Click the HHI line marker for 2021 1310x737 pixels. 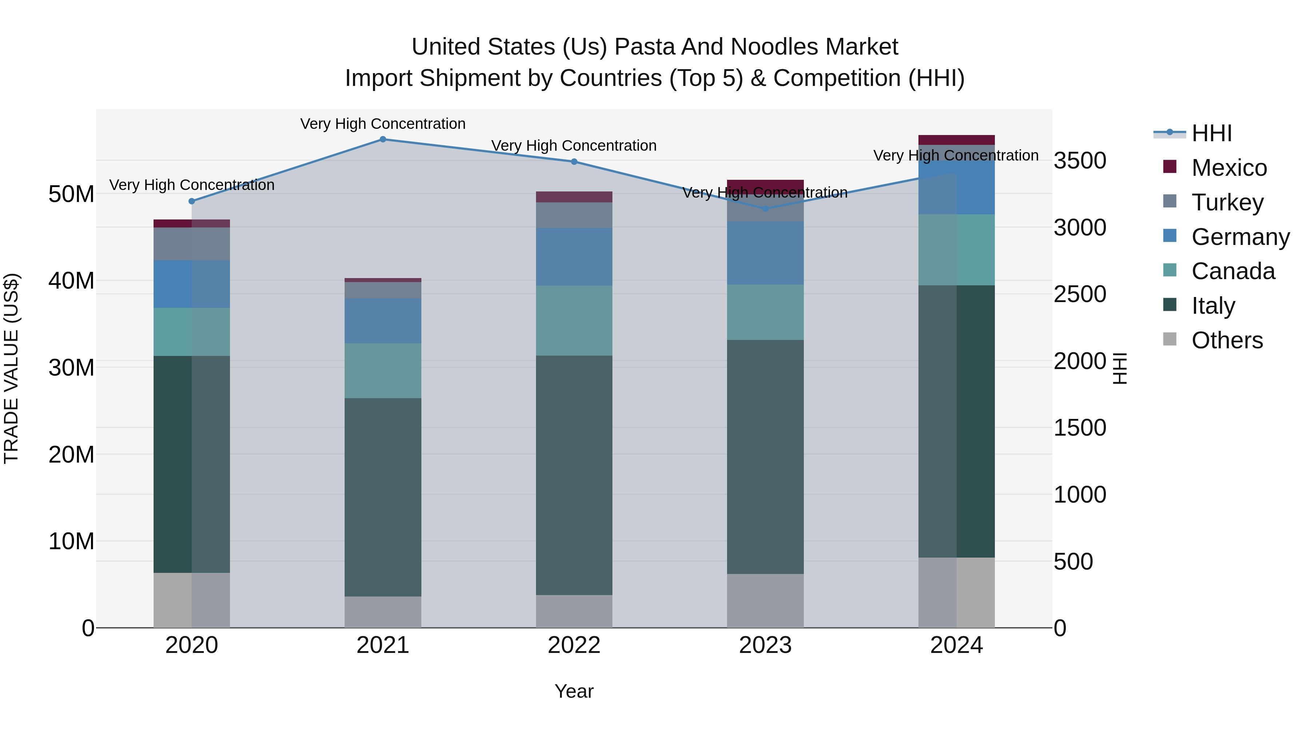(x=383, y=139)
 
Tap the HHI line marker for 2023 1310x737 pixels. (x=765, y=209)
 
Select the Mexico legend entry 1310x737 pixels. (x=1228, y=168)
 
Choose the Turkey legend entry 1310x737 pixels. (x=1227, y=202)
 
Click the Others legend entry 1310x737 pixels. (x=1227, y=340)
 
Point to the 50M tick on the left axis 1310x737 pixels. (x=71, y=194)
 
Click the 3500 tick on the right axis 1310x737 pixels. (x=1080, y=161)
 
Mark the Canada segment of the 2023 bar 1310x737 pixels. (x=765, y=312)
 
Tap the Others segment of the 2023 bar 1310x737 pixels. (x=765, y=600)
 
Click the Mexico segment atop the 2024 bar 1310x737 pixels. (x=956, y=140)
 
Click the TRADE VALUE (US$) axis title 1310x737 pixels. (x=12, y=368)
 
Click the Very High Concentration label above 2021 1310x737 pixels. (x=383, y=124)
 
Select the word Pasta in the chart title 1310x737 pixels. (x=644, y=47)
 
